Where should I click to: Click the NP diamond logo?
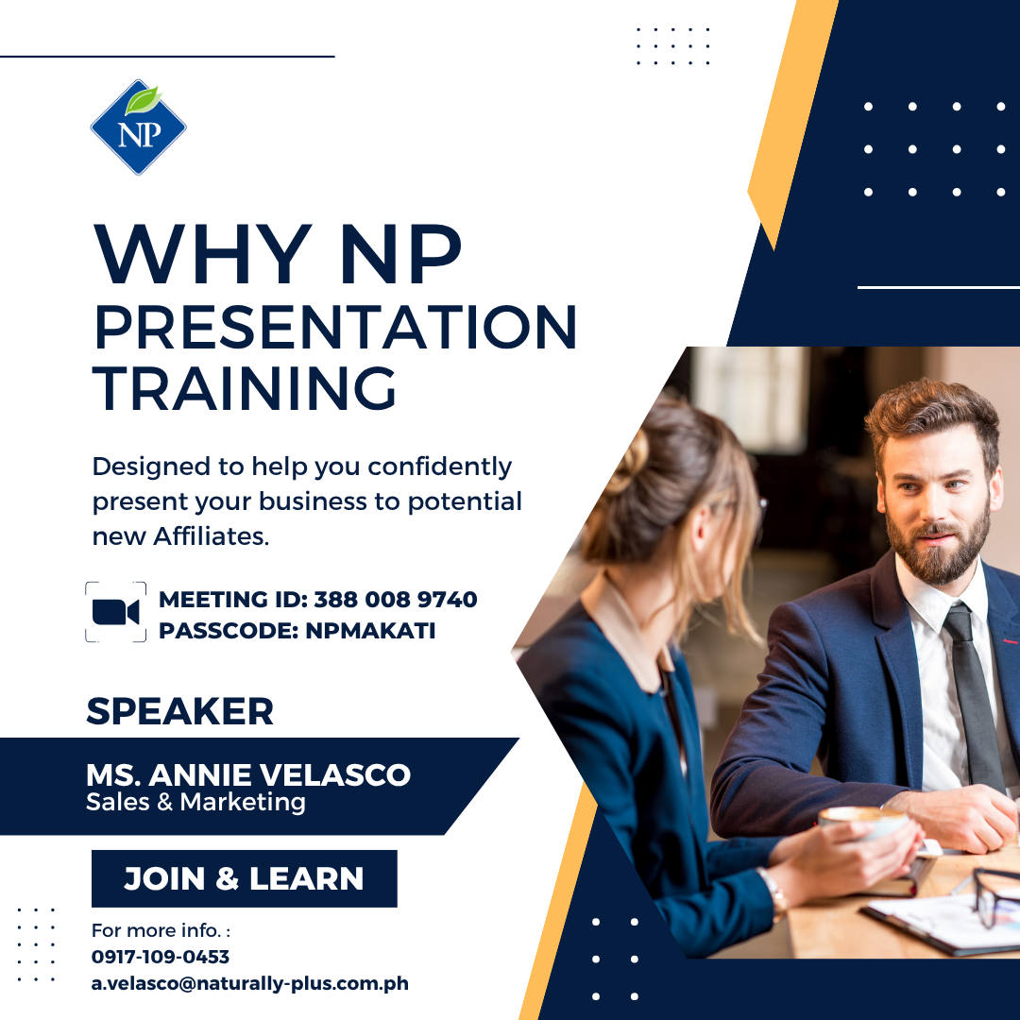point(139,127)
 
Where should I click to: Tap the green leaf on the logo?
point(144,100)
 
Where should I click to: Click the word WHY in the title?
point(203,254)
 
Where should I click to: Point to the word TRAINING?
point(245,388)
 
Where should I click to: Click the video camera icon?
point(116,612)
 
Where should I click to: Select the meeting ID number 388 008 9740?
point(396,599)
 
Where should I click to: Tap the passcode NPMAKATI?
point(370,630)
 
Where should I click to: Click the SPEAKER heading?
point(179,711)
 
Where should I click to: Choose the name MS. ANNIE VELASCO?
point(248,774)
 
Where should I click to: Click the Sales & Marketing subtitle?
point(195,802)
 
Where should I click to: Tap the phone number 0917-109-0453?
point(161,957)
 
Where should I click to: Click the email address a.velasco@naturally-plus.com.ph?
point(249,983)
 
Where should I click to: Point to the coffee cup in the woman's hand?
point(863,822)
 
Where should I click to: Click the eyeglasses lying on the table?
point(995,894)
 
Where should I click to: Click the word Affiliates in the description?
point(211,536)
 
